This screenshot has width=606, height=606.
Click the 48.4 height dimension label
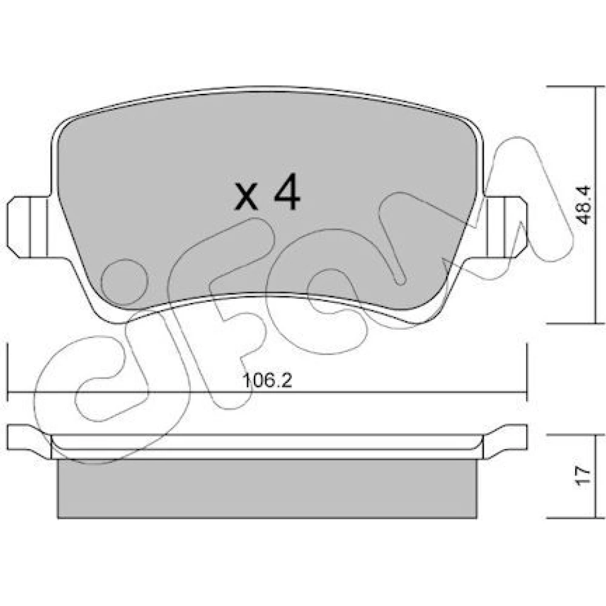coord(585,205)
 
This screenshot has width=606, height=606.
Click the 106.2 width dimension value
coord(267,381)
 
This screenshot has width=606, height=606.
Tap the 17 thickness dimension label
coord(584,476)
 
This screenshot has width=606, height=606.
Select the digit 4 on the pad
coord(287,191)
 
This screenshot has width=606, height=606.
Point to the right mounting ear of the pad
coord(504,227)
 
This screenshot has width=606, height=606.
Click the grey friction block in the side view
coord(267,488)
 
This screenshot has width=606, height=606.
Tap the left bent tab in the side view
coord(29,441)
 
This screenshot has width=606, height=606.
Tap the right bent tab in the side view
coord(505,441)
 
